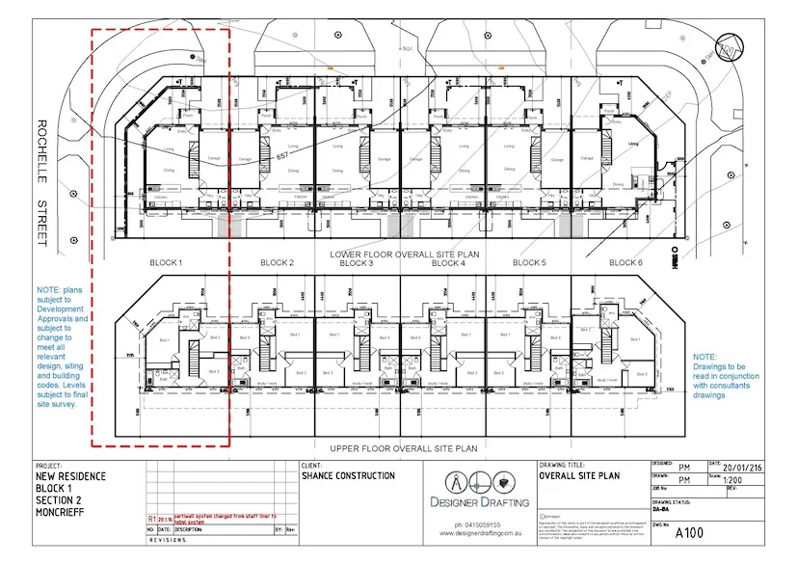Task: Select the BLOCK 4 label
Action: [448, 263]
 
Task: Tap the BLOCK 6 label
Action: [625, 263]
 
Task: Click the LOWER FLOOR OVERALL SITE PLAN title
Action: [404, 255]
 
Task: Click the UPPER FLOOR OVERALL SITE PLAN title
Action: [404, 448]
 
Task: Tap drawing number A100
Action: [689, 532]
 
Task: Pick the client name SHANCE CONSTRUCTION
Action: [348, 475]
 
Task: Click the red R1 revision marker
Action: [152, 518]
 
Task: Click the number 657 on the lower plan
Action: [283, 154]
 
